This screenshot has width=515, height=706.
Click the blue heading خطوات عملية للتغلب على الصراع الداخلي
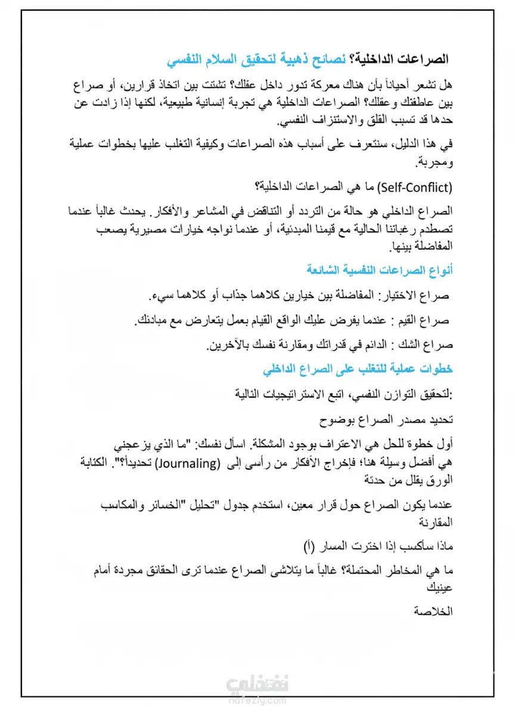(358, 369)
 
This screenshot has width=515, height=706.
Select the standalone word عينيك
(440, 587)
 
